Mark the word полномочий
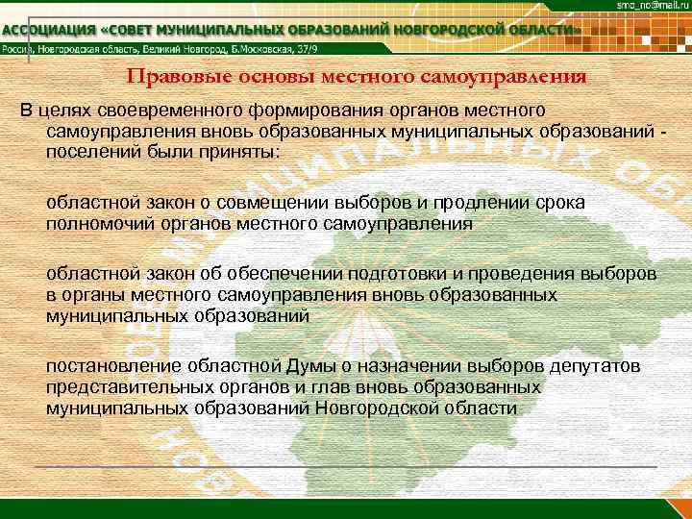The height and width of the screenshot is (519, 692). (94, 223)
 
